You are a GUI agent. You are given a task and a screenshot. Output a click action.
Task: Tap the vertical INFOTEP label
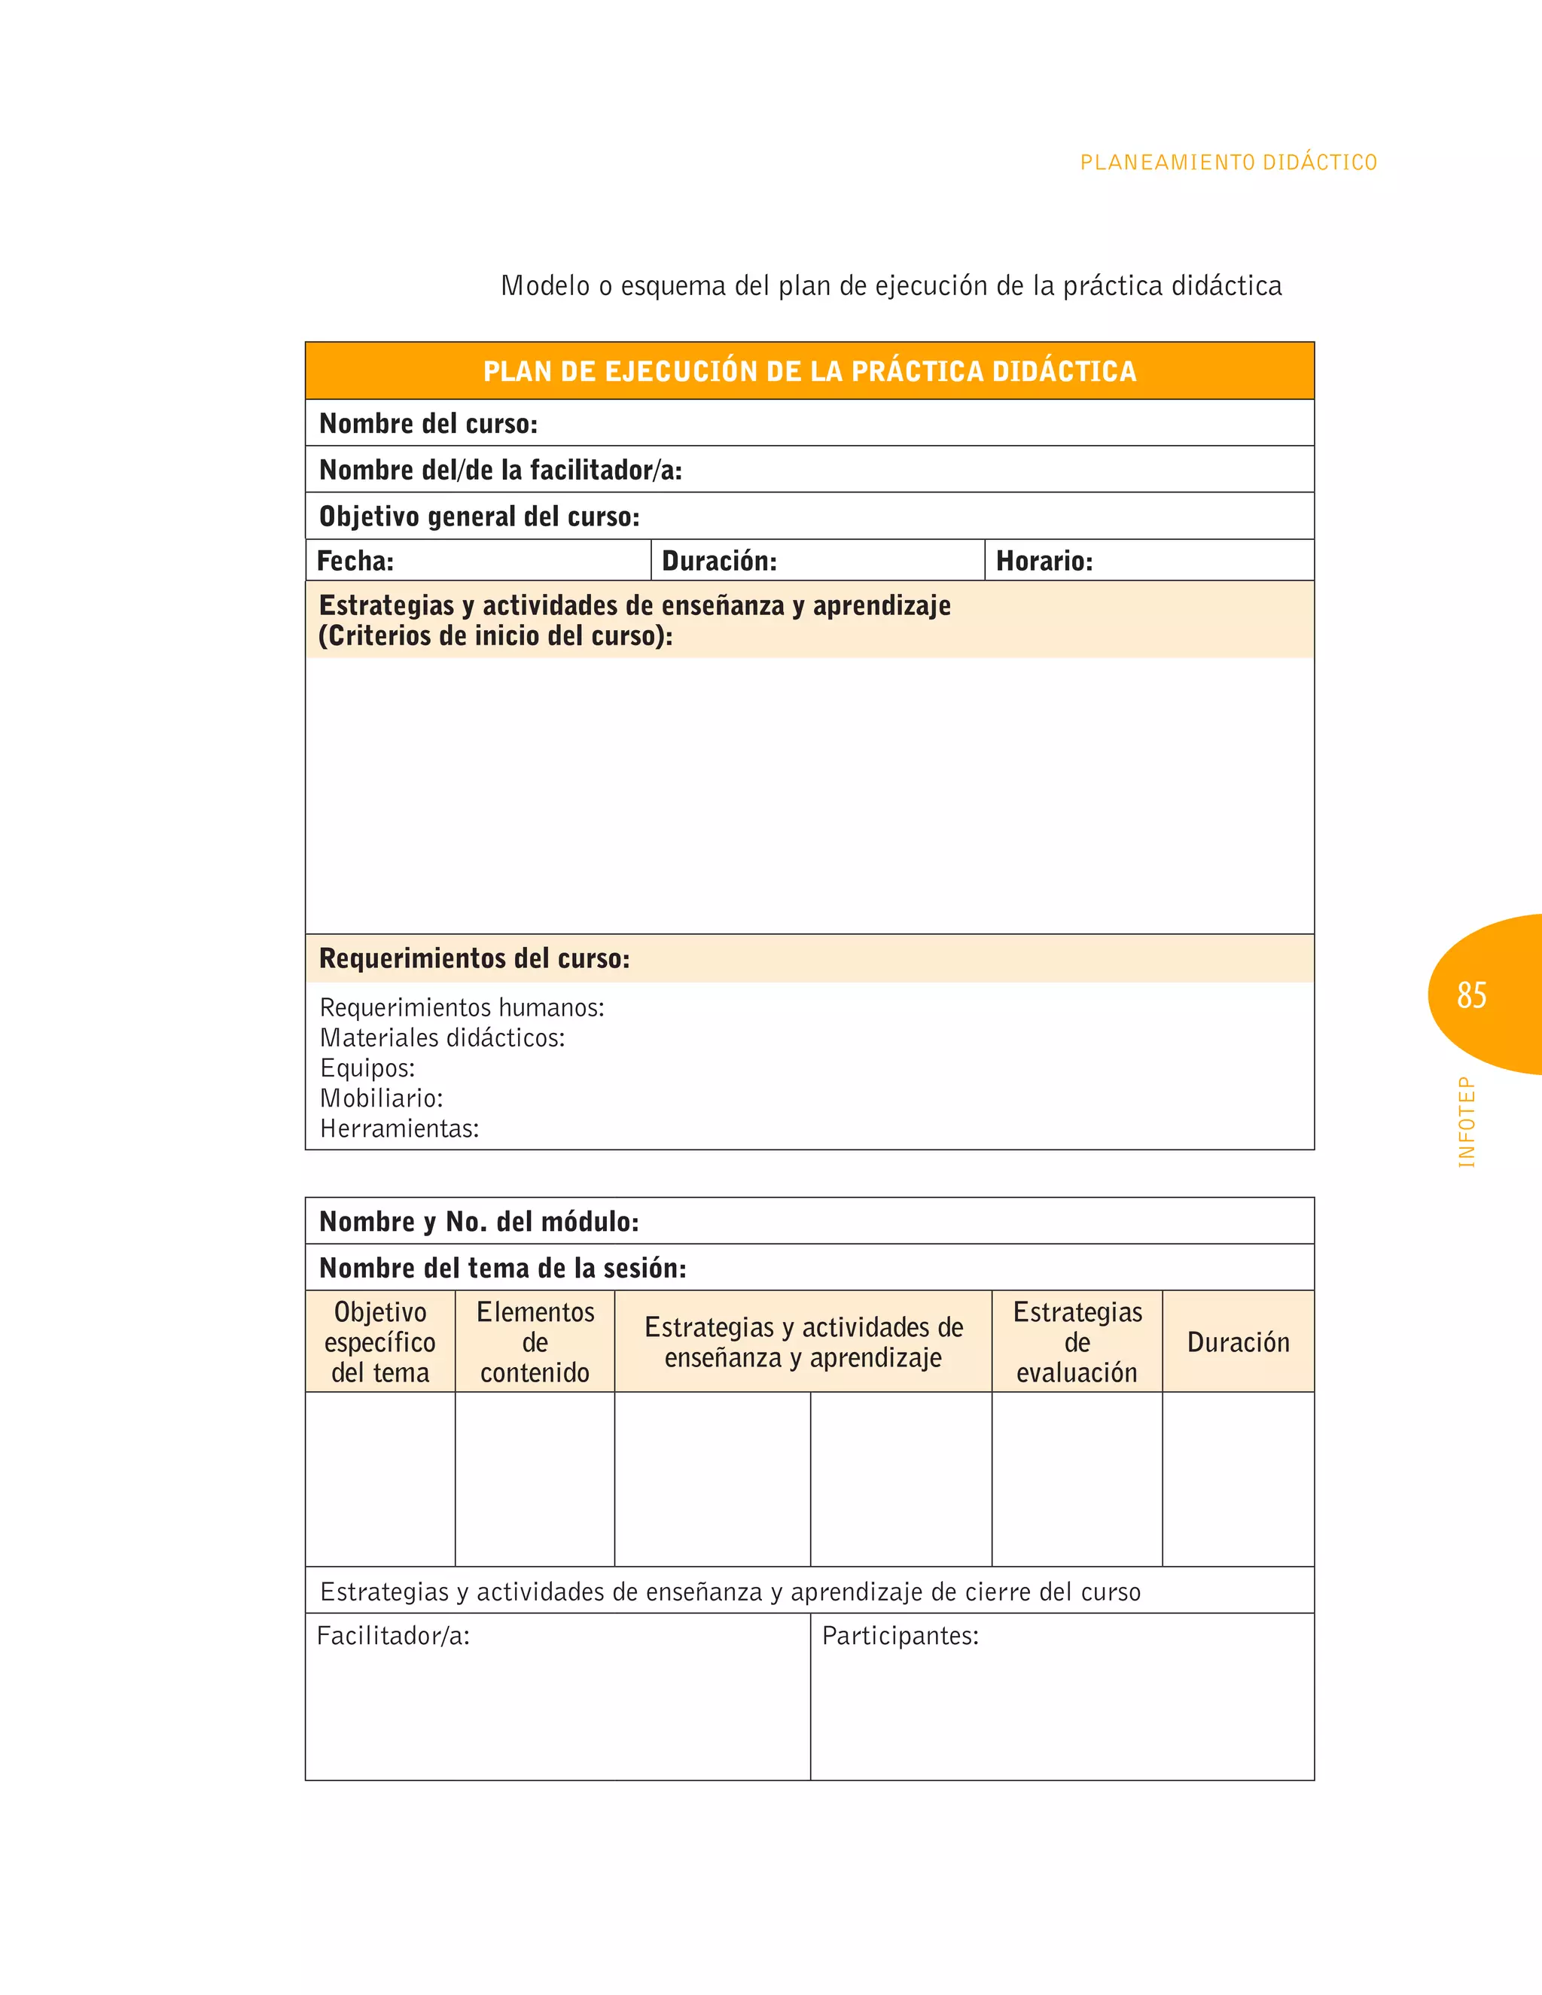coord(1466,1122)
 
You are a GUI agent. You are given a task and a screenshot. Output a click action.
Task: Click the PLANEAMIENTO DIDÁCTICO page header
coord(1228,163)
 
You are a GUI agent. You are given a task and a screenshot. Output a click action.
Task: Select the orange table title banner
coord(809,371)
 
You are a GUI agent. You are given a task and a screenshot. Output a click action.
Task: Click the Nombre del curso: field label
coord(428,424)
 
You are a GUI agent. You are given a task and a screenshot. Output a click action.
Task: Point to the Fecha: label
coord(355,561)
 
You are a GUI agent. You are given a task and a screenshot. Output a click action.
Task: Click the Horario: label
coord(1044,561)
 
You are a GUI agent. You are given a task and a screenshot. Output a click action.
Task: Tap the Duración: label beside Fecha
coord(719,561)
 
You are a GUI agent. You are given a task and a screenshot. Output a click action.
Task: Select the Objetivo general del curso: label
coord(480,517)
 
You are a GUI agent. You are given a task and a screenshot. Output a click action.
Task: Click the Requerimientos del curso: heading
coord(474,958)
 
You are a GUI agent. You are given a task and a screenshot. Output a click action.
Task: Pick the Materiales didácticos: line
coord(442,1037)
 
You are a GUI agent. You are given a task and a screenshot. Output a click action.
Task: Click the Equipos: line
coord(367,1068)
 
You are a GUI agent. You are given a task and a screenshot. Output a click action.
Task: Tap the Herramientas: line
coord(399,1128)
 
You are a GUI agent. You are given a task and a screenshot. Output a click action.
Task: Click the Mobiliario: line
coord(381,1098)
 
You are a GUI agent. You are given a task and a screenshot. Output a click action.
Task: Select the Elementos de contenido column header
coord(535,1342)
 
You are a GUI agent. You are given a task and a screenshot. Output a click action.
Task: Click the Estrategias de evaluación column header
coord(1077,1342)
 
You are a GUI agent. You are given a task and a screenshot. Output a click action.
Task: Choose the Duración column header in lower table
coord(1238,1342)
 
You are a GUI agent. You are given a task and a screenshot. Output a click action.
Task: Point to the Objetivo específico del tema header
coord(380,1342)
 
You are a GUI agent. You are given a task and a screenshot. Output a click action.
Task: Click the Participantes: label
coord(900,1635)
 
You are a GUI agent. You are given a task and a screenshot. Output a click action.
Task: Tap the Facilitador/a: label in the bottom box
coord(393,1635)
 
